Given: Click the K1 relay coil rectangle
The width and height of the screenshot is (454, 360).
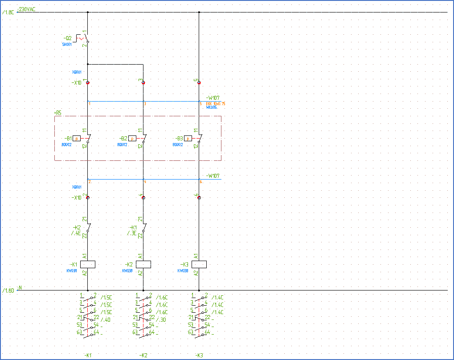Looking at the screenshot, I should click(87, 264).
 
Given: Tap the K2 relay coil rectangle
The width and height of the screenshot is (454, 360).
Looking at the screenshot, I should click(143, 264).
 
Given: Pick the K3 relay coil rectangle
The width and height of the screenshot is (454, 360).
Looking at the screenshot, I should click(199, 264).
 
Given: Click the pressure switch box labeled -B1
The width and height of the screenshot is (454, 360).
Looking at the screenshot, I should click(77, 139).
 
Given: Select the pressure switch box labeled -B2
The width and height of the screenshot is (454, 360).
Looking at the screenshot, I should click(132, 139).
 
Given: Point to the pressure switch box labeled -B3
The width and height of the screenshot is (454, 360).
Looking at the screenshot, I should click(188, 139).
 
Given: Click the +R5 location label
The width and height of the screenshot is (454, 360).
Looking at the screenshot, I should click(57, 113).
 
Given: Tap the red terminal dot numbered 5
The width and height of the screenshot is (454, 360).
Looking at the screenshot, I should click(199, 82).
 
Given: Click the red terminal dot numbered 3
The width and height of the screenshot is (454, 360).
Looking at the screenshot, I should click(143, 82).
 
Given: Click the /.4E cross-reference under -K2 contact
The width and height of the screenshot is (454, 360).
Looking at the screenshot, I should click(76, 233).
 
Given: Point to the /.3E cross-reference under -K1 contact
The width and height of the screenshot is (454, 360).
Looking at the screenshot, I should click(131, 233).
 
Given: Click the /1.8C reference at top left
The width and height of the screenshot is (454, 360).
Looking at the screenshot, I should click(8, 12).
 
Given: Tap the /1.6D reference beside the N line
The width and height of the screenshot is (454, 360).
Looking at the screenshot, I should click(8, 290).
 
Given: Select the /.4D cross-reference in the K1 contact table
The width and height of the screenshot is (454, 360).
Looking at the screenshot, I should click(106, 319).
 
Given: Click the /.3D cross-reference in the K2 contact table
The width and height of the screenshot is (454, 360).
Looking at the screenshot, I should click(162, 319).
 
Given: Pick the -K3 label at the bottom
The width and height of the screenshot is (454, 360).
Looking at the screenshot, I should click(199, 355).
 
